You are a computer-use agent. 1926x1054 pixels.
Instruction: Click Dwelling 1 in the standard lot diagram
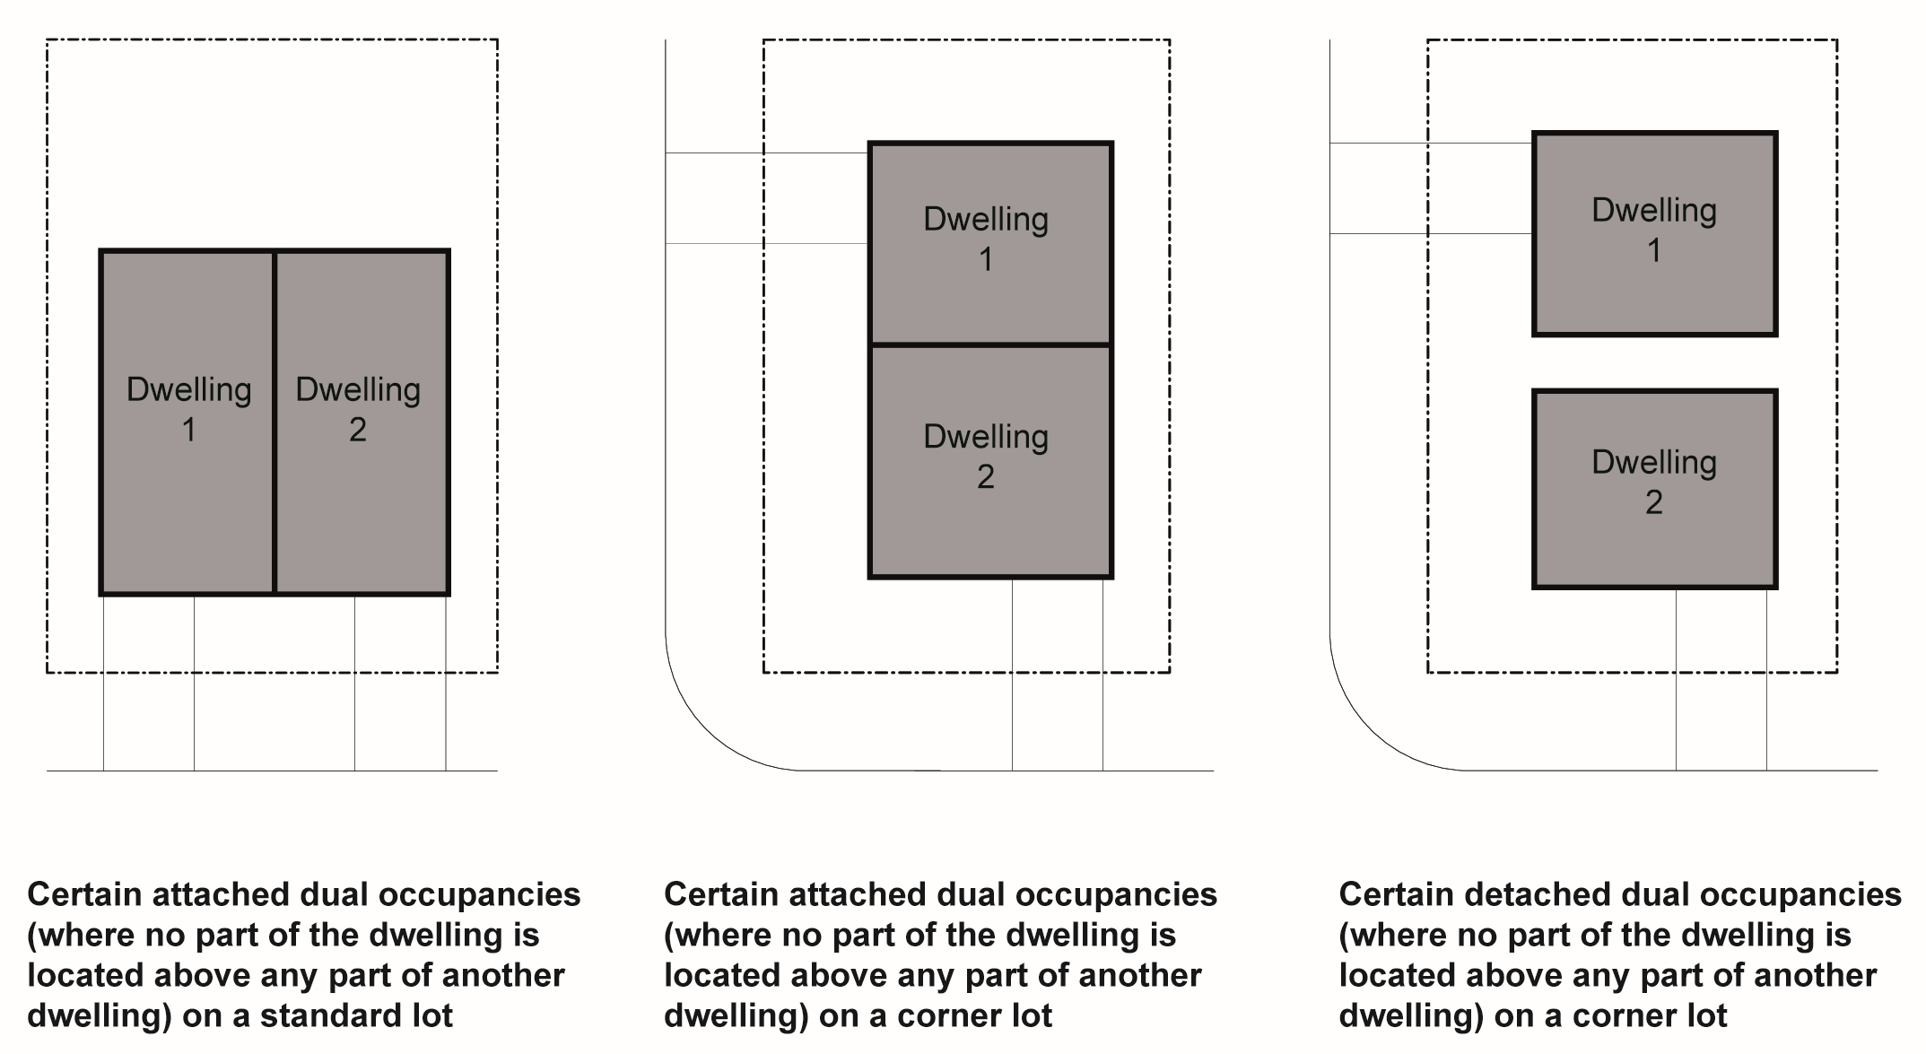(x=187, y=422)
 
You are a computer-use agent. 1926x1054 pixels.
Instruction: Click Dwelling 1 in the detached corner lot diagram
(x=1654, y=233)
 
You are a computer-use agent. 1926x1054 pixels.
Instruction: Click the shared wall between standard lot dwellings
(x=275, y=422)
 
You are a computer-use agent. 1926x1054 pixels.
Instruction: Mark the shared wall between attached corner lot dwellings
(x=989, y=344)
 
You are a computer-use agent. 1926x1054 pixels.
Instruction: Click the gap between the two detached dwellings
(x=1654, y=362)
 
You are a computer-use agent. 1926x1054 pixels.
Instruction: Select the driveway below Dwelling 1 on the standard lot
(x=149, y=682)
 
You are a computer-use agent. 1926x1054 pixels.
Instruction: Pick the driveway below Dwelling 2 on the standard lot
(x=400, y=682)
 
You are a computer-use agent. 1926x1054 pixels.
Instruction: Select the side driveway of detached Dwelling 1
(x=1431, y=188)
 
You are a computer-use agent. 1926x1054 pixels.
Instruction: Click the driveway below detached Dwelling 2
(x=1721, y=679)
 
